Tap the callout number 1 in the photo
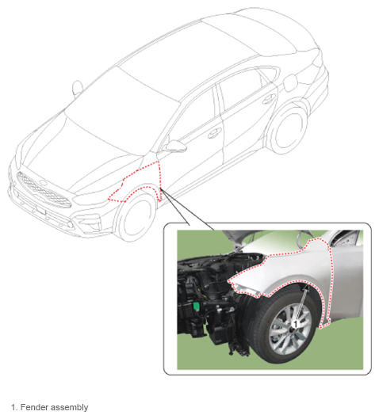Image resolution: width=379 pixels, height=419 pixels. click(295, 324)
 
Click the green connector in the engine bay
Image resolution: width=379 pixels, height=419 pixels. click(197, 307)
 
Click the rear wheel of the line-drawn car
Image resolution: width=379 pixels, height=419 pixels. click(289, 131)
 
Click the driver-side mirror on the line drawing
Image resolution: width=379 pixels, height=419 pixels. click(175, 147)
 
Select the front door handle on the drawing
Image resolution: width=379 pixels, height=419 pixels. click(215, 133)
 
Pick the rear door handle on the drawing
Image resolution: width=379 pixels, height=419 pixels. click(269, 99)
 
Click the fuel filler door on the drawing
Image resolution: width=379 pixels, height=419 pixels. click(291, 82)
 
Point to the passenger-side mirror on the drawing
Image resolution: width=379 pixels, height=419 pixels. click(78, 88)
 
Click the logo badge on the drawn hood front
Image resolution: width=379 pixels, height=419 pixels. click(43, 182)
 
